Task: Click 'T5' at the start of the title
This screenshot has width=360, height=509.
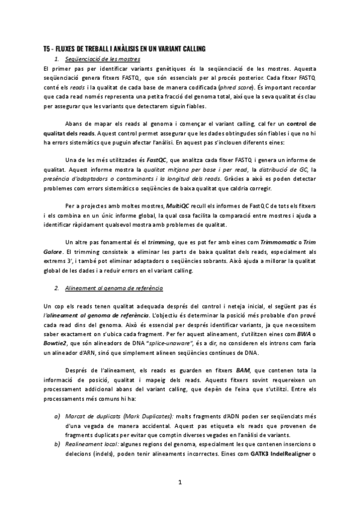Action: pyautogui.click(x=47, y=49)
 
